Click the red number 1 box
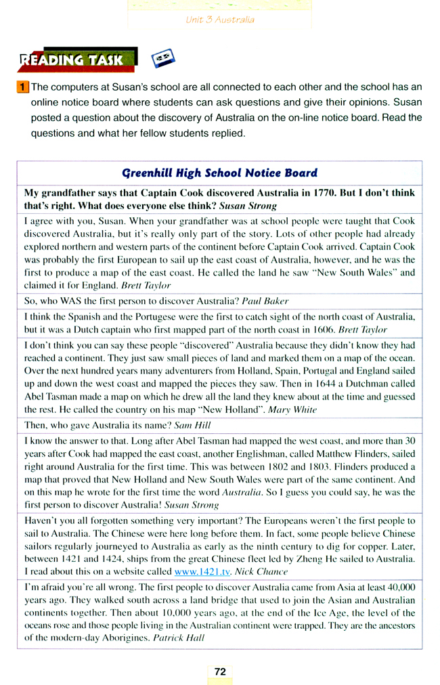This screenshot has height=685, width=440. pyautogui.click(x=23, y=87)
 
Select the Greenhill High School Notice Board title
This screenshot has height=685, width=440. pyautogui.click(x=219, y=173)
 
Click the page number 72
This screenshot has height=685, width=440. pyautogui.click(x=220, y=671)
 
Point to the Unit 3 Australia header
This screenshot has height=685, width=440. pyautogui.click(x=220, y=20)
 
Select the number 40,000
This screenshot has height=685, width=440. pyautogui.click(x=397, y=588)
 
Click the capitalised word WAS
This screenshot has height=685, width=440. pyautogui.click(x=72, y=301)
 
